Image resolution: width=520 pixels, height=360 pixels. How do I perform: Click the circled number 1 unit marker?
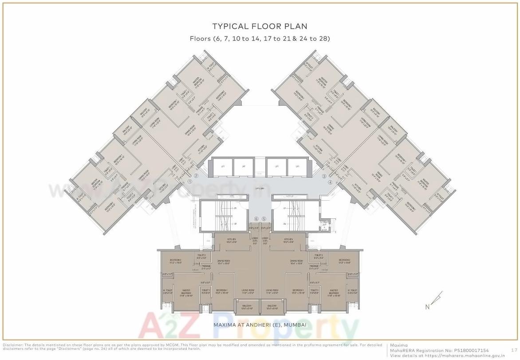tap(190, 182)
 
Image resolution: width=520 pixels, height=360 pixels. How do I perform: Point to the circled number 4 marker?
tap(330, 182)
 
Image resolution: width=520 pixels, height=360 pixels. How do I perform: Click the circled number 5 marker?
tap(264, 219)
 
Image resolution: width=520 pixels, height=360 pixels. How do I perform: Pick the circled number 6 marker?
tap(256, 219)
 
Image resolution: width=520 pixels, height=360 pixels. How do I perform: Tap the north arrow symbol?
tap(437, 299)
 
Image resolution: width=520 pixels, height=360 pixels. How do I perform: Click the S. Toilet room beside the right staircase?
tap(325, 225)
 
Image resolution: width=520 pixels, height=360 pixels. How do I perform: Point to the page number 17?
tap(514, 350)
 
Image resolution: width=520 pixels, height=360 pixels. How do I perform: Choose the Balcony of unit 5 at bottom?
tap(272, 307)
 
